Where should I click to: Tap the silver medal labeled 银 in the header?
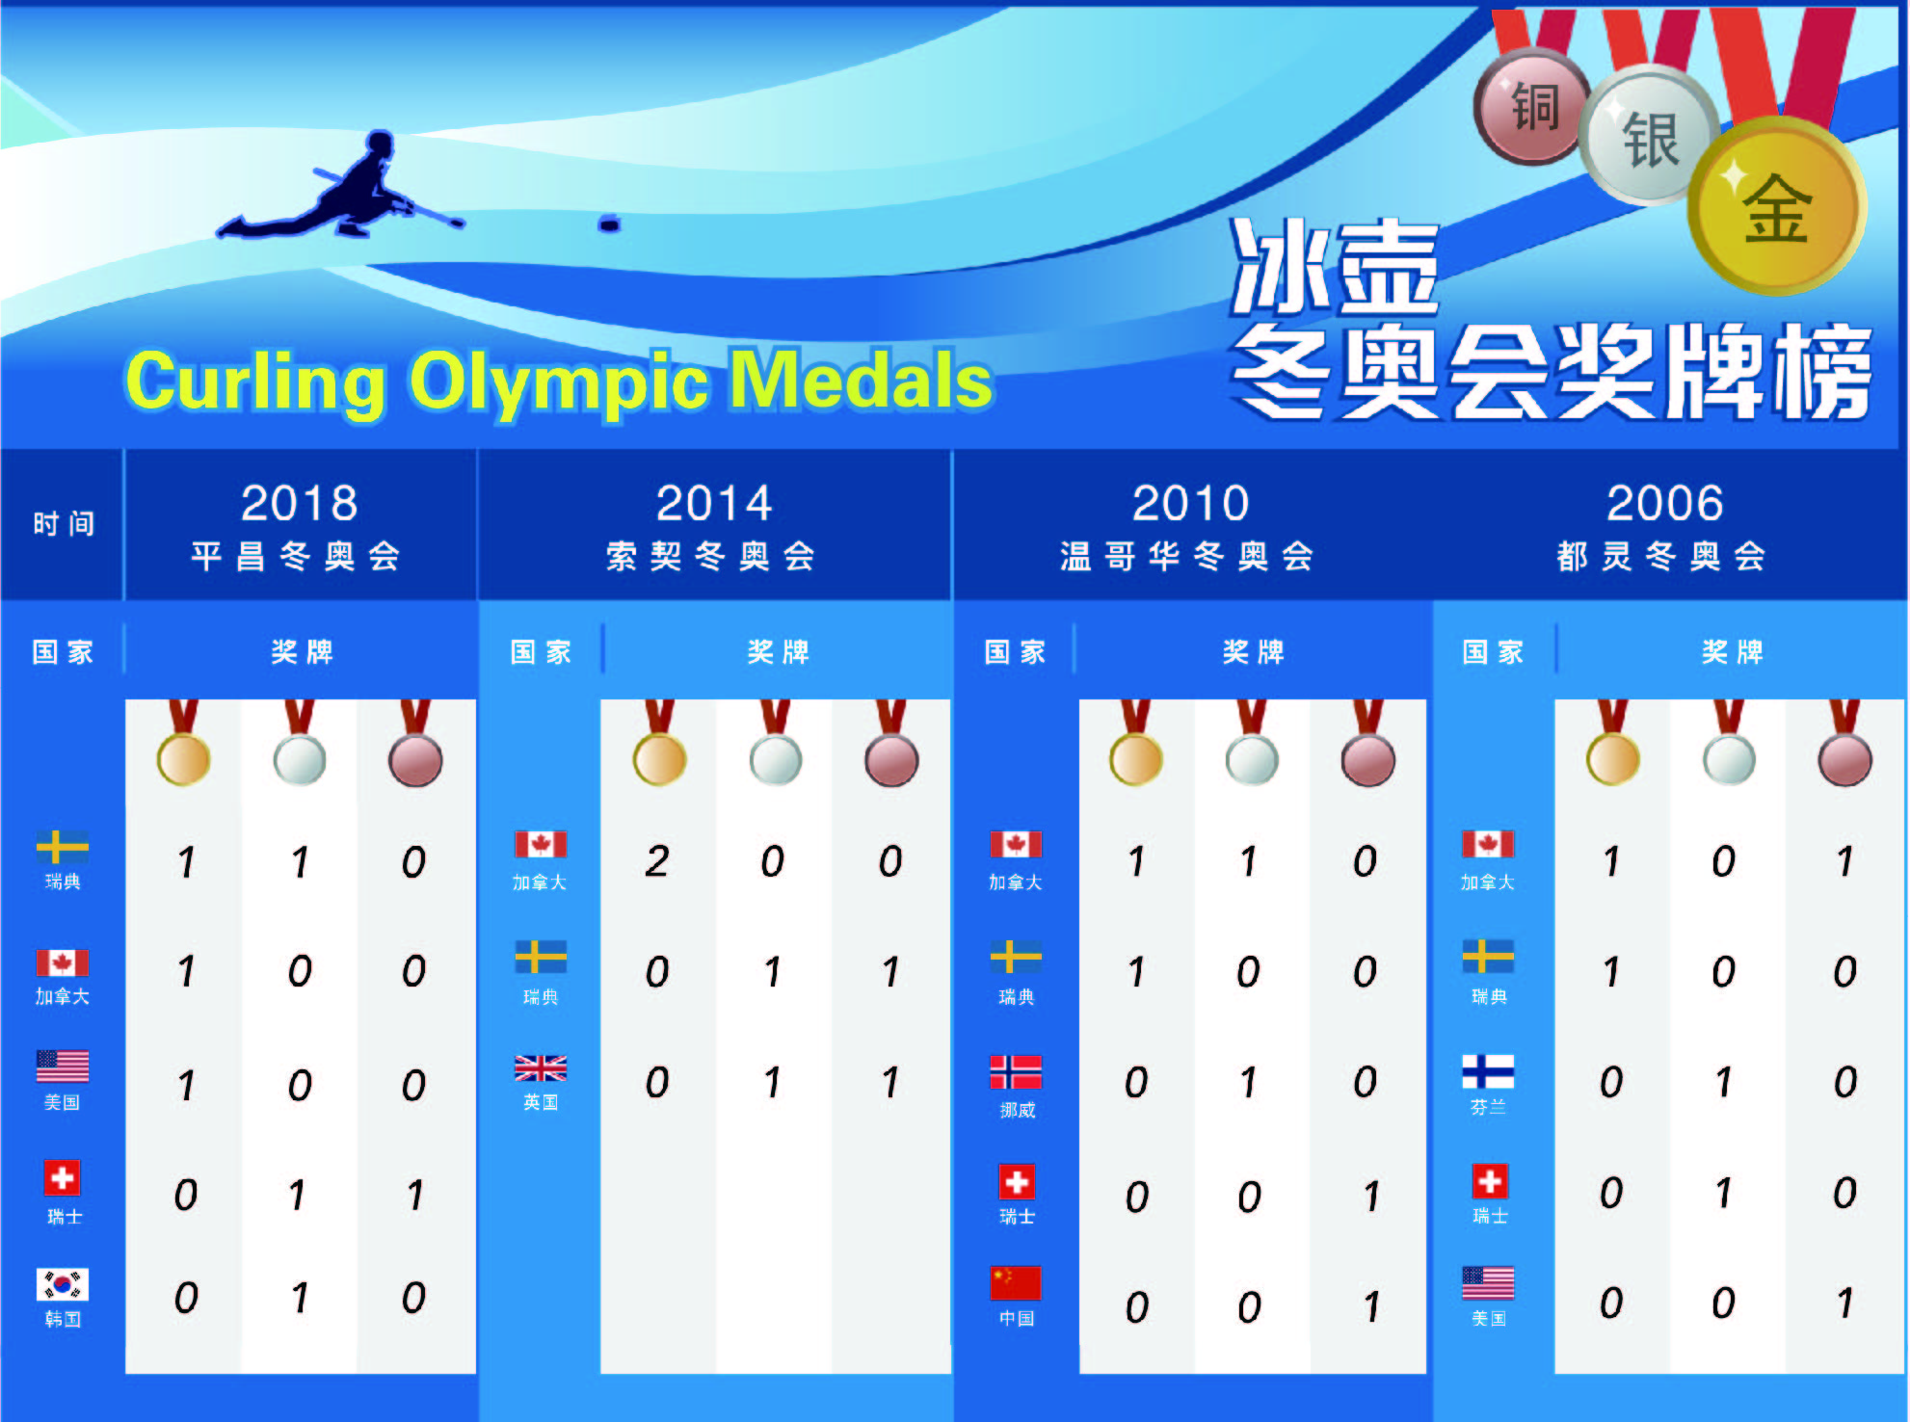pyautogui.click(x=1649, y=138)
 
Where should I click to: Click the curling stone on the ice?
pyautogui.click(x=609, y=224)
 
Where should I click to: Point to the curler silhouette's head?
pyautogui.click(x=381, y=145)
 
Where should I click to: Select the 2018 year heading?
pyautogui.click(x=300, y=503)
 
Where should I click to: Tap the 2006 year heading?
pyautogui.click(x=1664, y=503)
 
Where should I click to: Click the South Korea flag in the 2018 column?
pyautogui.click(x=63, y=1284)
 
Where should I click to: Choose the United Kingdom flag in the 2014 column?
pyautogui.click(x=541, y=1067)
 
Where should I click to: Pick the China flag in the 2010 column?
pyautogui.click(x=1016, y=1283)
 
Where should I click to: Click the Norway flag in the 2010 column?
pyautogui.click(x=1016, y=1071)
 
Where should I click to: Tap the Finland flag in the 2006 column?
pyautogui.click(x=1488, y=1071)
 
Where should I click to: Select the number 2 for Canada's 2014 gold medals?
pyautogui.click(x=657, y=861)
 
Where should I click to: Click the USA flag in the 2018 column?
pyautogui.click(x=63, y=1066)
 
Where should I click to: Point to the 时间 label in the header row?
pyautogui.click(x=64, y=524)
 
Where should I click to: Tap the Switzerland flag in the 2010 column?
pyautogui.click(x=1017, y=1181)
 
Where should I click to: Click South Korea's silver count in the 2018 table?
pyautogui.click(x=300, y=1298)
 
